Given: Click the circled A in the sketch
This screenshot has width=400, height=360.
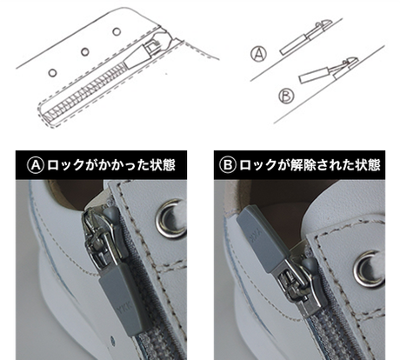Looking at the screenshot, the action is click(259, 54).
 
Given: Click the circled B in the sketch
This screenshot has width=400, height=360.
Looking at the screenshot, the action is click(286, 96).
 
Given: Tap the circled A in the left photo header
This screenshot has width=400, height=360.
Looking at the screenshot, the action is click(36, 165).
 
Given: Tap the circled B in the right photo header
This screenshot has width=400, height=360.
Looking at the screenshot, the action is click(228, 165).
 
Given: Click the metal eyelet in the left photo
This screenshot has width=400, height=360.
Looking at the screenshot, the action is click(171, 218).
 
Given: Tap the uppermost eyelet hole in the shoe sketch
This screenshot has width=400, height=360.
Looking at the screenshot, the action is click(117, 31).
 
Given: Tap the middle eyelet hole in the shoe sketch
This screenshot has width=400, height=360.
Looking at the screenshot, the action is click(85, 52).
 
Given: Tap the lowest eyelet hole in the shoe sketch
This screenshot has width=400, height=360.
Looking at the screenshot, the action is click(52, 73).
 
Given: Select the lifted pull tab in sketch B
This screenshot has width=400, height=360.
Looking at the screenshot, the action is click(314, 75).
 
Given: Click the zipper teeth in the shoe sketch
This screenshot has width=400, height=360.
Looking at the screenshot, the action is click(84, 91).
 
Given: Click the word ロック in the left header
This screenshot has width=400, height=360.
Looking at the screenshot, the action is click(66, 165).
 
